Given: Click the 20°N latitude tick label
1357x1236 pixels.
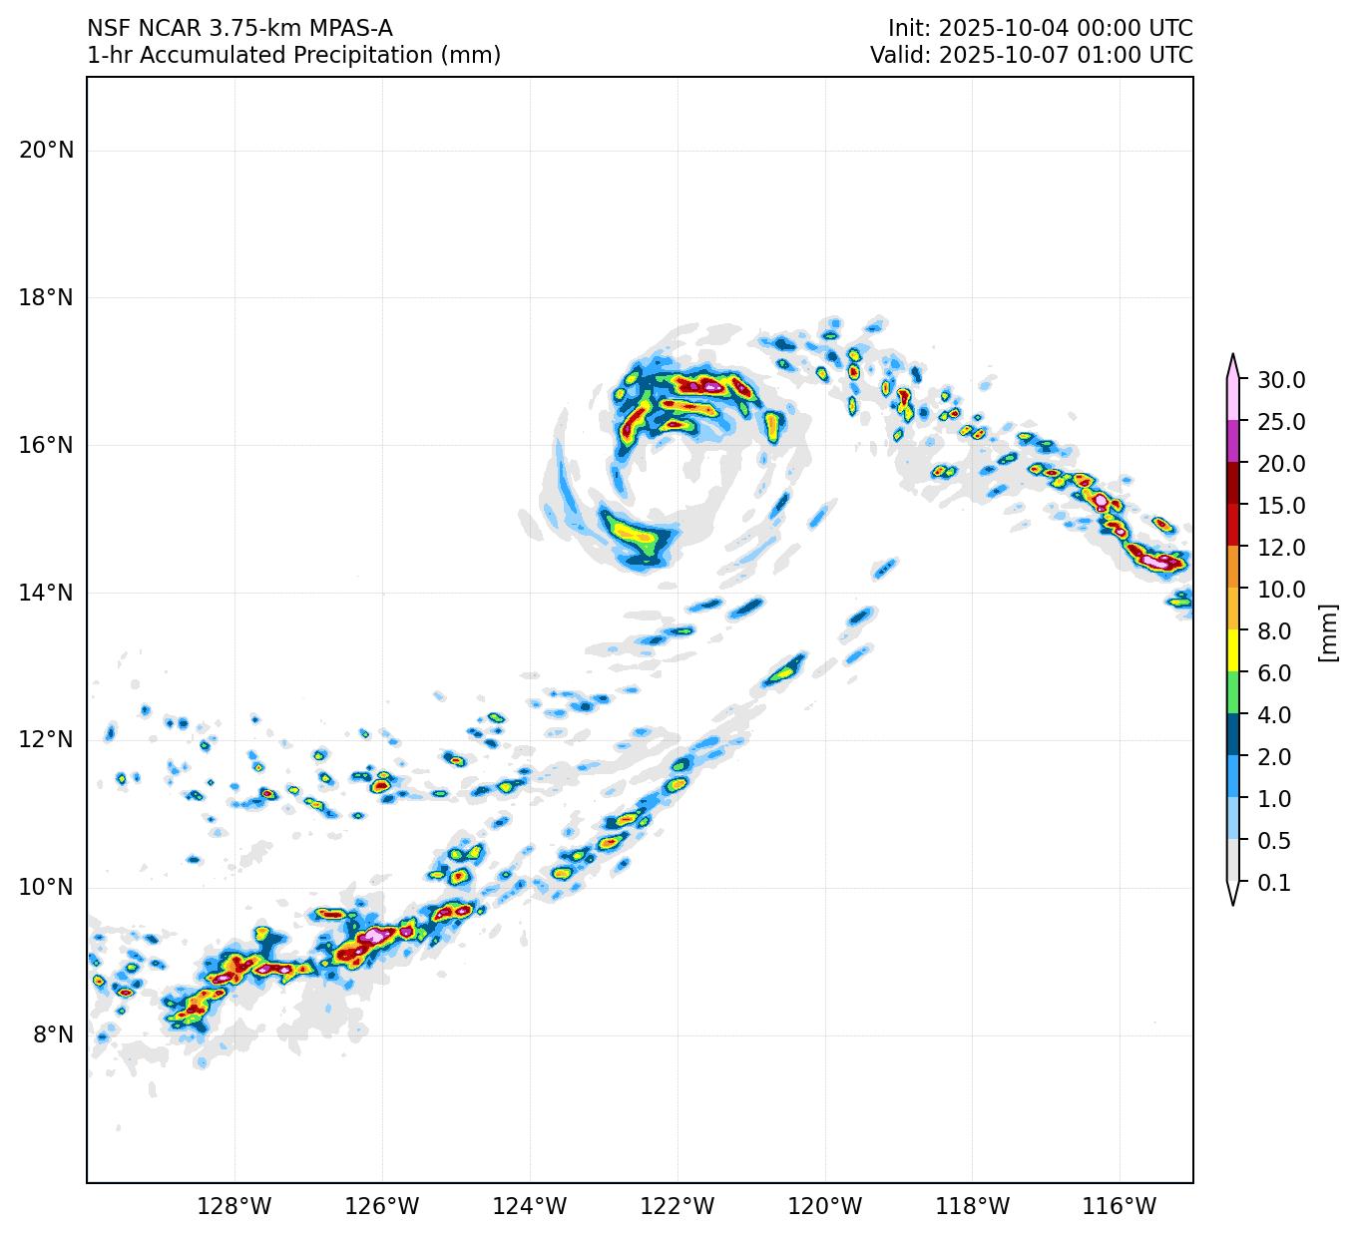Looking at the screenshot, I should pyautogui.click(x=46, y=151).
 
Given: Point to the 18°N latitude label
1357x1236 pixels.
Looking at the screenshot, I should pyautogui.click(x=46, y=298).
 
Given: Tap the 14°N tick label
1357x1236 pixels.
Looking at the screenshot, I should pyautogui.click(x=46, y=594).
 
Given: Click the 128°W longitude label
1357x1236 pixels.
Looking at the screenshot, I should pyautogui.click(x=234, y=1207).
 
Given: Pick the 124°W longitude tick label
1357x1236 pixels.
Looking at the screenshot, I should pyautogui.click(x=530, y=1207).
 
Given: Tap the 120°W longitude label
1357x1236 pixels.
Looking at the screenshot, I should pyautogui.click(x=825, y=1207).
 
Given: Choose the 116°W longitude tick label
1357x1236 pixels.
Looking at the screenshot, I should pyautogui.click(x=1121, y=1207).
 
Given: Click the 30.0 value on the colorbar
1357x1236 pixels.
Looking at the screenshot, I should pyautogui.click(x=1281, y=380).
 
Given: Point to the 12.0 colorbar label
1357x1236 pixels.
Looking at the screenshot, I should pyautogui.click(x=1281, y=548).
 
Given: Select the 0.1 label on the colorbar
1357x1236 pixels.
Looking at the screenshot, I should pyautogui.click(x=1274, y=883).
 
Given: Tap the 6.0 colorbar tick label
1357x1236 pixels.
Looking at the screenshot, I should pyautogui.click(x=1274, y=673).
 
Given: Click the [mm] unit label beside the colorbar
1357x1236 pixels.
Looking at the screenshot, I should pyautogui.click(x=1327, y=632).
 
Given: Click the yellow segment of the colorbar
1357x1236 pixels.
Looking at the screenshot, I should pyautogui.click(x=1233, y=651).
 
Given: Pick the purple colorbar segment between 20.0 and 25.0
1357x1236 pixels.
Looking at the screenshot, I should pyautogui.click(x=1233, y=441).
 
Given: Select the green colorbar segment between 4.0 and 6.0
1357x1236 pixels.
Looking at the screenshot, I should pyautogui.click(x=1233, y=693).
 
